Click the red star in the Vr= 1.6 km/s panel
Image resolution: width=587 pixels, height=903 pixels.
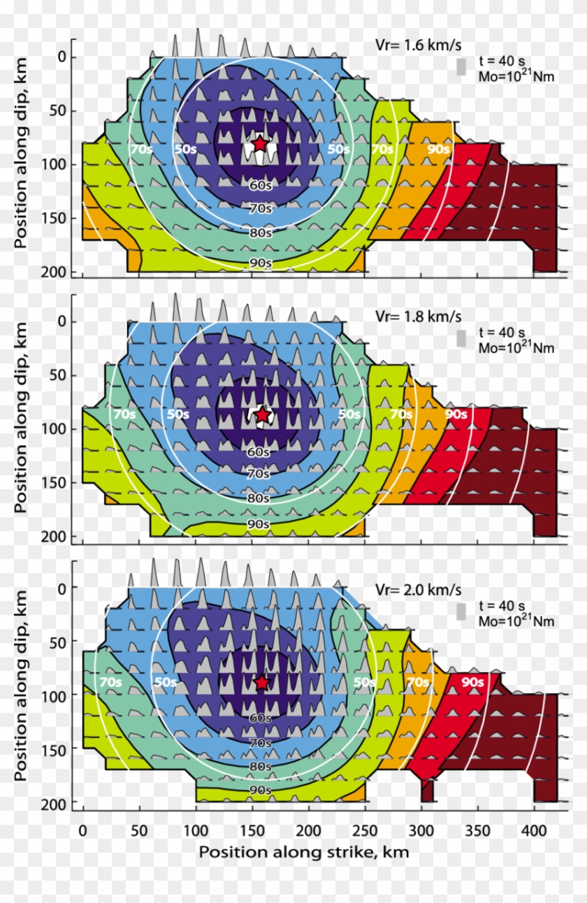click(x=260, y=144)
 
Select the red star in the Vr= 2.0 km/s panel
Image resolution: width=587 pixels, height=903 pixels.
click(x=262, y=682)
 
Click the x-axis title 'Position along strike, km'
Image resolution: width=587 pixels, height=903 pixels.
click(x=303, y=852)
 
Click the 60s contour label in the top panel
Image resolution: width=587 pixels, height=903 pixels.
click(x=259, y=185)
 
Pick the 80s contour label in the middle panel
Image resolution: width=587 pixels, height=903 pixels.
click(x=259, y=498)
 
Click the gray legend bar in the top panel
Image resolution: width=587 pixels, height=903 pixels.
click(x=461, y=66)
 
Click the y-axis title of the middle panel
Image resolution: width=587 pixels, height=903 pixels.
click(x=21, y=418)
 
